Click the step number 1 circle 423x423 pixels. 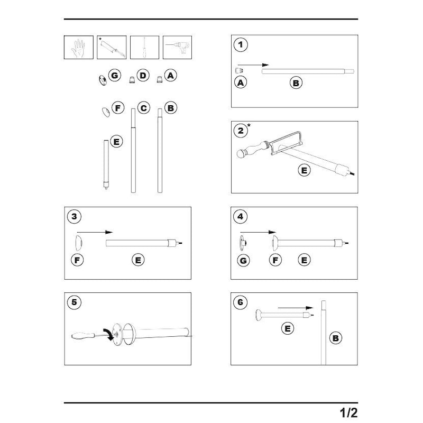241,45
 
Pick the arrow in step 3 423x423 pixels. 95,232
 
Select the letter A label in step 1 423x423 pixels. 241,83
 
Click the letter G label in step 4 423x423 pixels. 243,260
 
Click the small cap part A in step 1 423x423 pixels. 239,70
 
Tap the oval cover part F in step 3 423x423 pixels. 78,244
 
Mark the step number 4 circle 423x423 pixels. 241,216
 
